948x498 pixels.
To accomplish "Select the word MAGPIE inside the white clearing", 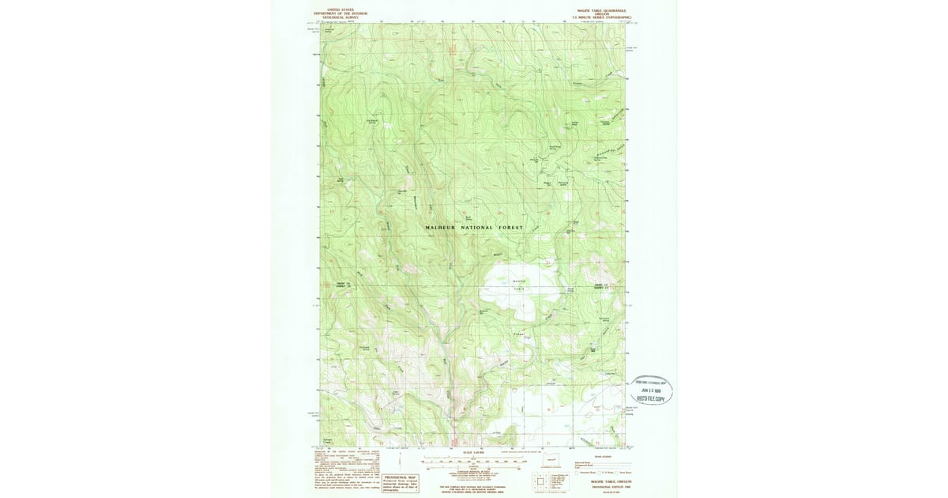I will coord(519,281).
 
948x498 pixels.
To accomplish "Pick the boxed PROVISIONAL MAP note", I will coord(401,482).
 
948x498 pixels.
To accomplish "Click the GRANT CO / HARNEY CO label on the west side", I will coord(342,285).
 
